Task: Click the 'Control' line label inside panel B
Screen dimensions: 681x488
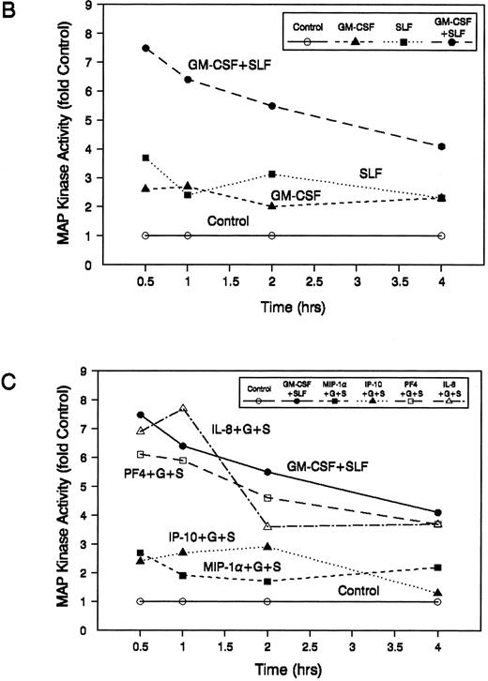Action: click(x=229, y=222)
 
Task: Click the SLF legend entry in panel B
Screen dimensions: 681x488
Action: click(x=381, y=26)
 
